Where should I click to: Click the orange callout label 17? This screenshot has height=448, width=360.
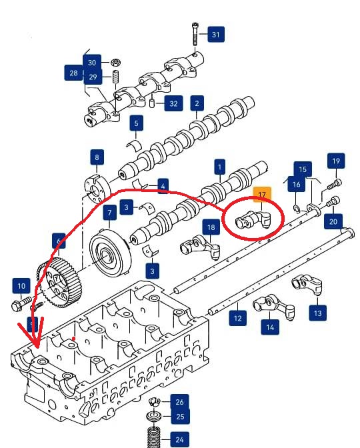click(x=262, y=195)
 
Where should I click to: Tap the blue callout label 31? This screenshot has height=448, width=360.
click(x=216, y=34)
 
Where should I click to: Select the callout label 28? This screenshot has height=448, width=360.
click(x=73, y=73)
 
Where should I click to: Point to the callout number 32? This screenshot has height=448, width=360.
click(x=173, y=103)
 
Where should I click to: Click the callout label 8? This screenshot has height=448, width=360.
click(x=97, y=157)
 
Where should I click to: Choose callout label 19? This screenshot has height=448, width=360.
click(x=336, y=161)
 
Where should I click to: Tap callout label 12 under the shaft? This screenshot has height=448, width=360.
click(x=238, y=318)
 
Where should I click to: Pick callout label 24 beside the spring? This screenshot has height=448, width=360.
click(x=179, y=439)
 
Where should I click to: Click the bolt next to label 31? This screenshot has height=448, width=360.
click(x=195, y=34)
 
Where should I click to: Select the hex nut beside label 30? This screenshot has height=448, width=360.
click(x=115, y=62)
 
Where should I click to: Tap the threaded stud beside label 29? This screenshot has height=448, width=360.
click(x=115, y=77)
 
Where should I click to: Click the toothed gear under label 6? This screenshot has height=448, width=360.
click(x=60, y=283)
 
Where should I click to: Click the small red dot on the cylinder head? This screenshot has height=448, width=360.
click(x=74, y=338)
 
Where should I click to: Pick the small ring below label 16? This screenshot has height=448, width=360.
click(x=297, y=209)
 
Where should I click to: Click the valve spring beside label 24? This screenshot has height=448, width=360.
click(x=153, y=437)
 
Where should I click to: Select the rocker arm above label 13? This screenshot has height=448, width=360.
click(x=307, y=284)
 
